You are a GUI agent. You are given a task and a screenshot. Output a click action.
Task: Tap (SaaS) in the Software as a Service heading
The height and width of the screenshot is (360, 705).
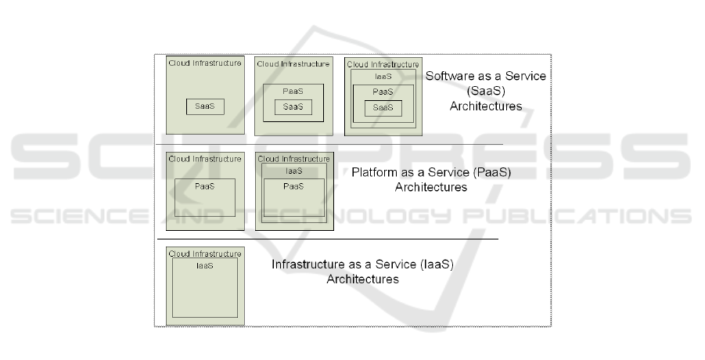coord(485,92)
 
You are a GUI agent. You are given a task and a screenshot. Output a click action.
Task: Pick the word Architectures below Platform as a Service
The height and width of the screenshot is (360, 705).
coord(430,187)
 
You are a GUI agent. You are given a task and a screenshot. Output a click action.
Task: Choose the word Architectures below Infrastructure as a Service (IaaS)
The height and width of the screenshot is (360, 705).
coord(362,279)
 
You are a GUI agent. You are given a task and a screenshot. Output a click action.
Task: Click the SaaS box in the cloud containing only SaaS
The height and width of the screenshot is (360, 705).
coord(205,107)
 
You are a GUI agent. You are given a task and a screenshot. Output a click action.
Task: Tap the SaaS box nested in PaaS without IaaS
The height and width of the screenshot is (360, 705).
coord(293,106)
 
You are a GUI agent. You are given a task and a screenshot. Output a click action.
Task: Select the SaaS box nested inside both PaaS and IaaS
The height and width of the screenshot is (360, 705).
coord(383,108)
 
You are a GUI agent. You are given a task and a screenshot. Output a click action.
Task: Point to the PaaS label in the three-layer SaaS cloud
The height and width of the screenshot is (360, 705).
coord(383,92)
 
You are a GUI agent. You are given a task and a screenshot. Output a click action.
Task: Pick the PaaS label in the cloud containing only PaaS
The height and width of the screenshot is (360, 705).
coord(204,187)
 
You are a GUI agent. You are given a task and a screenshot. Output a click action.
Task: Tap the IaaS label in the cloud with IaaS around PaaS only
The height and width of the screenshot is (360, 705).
coord(293,170)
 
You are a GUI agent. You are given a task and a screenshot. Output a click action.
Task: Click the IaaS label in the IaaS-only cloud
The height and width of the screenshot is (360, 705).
coord(204,266)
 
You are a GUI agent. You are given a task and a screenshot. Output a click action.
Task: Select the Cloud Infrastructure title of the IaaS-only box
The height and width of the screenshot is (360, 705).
coord(205,254)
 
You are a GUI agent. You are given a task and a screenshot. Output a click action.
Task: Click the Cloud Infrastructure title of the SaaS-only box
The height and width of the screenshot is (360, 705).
coord(205,63)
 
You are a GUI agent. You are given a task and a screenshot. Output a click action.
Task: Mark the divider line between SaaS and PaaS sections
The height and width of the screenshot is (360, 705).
coord(329,145)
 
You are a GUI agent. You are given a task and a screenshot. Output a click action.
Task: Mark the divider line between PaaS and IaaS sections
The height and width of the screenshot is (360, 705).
coord(329,238)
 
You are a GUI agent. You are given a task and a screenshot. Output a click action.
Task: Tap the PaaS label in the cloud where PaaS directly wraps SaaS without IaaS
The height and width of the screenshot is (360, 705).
coord(293,92)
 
